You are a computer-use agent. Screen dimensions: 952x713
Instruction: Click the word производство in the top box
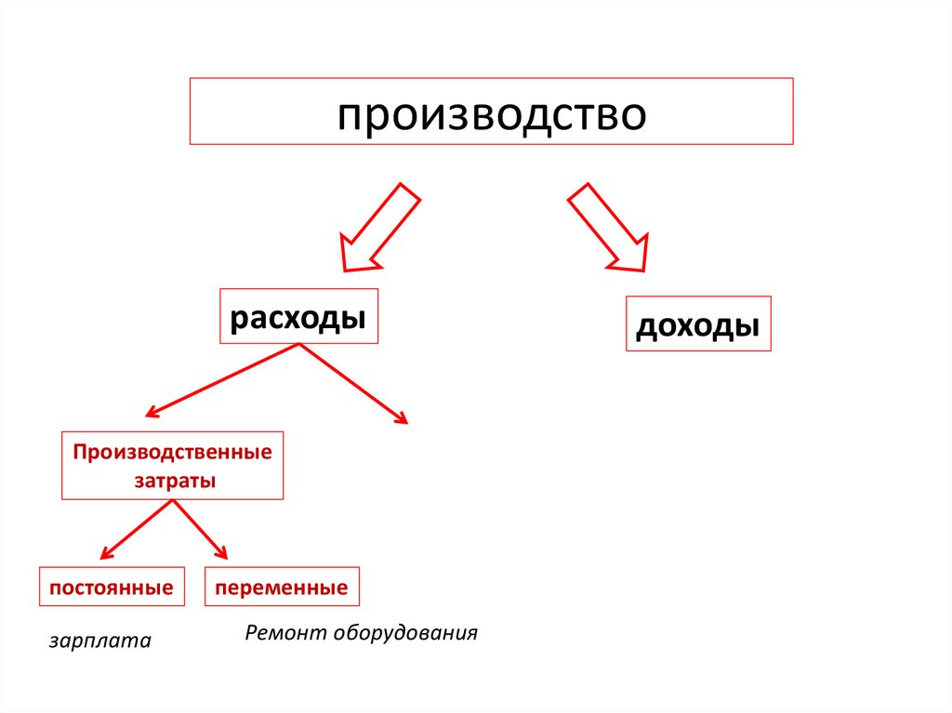491,115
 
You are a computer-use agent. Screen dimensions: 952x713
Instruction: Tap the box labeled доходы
698,324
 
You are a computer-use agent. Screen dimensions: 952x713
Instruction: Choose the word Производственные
173,453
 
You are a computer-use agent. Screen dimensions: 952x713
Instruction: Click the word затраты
172,482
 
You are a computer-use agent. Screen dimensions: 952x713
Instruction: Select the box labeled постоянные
112,588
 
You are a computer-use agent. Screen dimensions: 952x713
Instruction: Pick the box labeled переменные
282,588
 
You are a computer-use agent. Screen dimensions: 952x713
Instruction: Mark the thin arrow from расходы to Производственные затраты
223,379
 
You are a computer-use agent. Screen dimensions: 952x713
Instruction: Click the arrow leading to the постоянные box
138,530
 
